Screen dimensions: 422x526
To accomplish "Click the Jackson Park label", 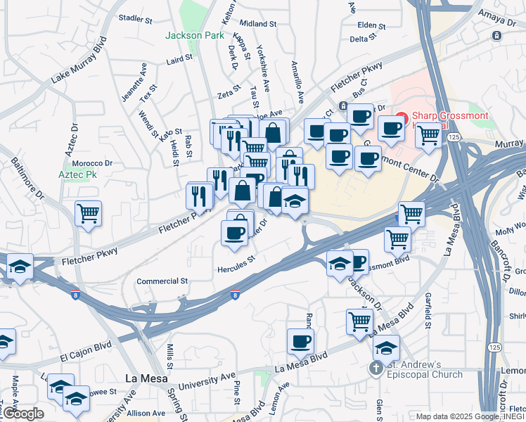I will (x=194, y=35).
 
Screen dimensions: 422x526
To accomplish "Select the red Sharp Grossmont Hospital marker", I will (x=402, y=117).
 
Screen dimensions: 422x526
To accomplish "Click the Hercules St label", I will (x=236, y=268).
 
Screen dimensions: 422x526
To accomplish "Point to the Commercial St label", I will (x=162, y=281).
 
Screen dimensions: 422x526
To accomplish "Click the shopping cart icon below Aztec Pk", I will (x=88, y=213).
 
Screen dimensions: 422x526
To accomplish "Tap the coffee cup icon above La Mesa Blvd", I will (x=300, y=342).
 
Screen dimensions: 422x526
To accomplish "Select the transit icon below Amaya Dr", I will (x=497, y=35).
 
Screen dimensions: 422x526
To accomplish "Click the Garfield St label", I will (x=427, y=310).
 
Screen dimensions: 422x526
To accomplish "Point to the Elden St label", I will (x=372, y=25).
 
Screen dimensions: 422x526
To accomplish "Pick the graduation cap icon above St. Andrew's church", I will (x=386, y=347).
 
